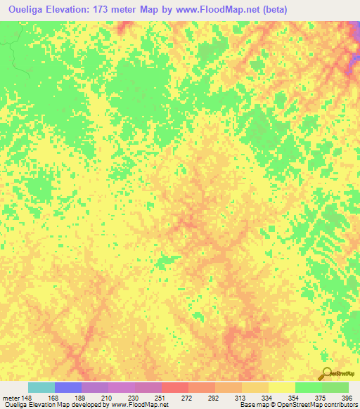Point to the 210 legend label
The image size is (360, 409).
pos(108,397)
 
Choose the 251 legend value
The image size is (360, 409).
pos(161,397)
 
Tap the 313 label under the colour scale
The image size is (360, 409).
pos(241,397)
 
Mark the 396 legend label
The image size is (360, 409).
pos(347,397)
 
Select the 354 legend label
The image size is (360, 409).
pos(295,397)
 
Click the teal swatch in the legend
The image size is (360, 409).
pos(41,387)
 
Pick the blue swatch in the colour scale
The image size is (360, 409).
pos(67,387)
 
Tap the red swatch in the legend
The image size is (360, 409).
pos(174,387)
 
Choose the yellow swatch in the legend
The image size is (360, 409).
pos(281,387)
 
